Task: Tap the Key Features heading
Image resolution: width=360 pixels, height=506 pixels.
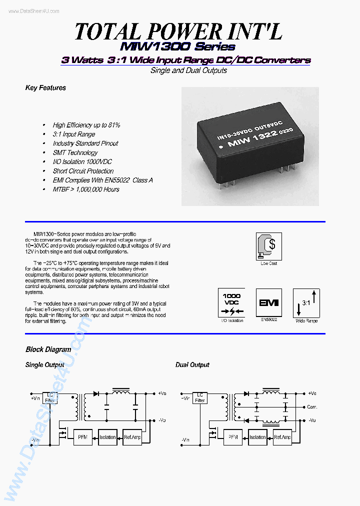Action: point(45,88)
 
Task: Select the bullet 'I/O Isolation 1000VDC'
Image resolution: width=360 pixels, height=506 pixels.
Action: point(82,162)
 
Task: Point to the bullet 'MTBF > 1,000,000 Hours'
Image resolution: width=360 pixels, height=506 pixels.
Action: point(86,189)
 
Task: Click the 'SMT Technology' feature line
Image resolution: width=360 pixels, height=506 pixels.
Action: point(75,152)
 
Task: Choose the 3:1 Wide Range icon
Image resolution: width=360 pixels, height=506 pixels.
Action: point(306,302)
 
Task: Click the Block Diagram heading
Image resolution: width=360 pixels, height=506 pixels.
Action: point(48,349)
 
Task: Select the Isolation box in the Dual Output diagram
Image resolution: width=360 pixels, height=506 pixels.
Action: point(258,437)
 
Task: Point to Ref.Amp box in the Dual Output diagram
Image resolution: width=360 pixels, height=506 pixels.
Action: point(282,437)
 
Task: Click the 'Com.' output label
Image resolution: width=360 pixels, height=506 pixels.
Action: point(312,407)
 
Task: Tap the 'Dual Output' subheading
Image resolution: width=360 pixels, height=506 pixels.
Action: point(192,365)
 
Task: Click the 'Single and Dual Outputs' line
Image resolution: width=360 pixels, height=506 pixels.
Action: point(188,70)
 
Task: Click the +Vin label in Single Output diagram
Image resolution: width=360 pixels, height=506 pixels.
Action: point(35,398)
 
